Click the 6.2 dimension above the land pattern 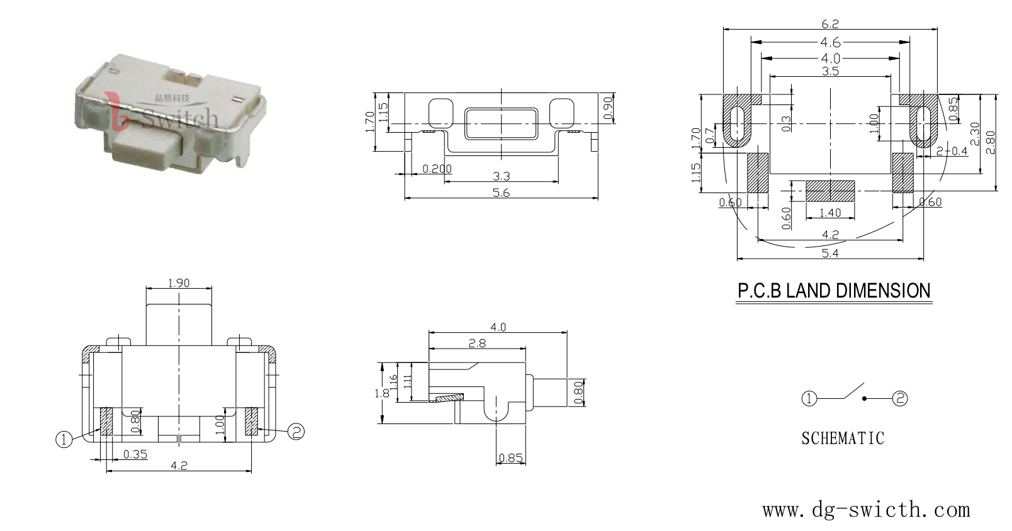(830, 24)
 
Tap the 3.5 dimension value (830, 71)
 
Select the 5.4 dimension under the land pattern (830, 254)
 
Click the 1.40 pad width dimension (830, 213)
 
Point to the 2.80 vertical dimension (990, 142)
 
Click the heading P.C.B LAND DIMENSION (834, 291)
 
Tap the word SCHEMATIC (843, 439)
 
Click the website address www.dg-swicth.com (866, 510)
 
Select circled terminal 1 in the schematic (809, 399)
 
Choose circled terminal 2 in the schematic (899, 398)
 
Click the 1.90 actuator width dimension (179, 283)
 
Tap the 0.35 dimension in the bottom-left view (135, 454)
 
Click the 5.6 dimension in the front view (501, 193)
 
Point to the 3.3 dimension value (501, 176)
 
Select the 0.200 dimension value (437, 169)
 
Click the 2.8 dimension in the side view (477, 344)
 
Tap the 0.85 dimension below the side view (510, 458)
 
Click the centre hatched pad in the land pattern (830, 191)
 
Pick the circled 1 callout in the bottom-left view (64, 439)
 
